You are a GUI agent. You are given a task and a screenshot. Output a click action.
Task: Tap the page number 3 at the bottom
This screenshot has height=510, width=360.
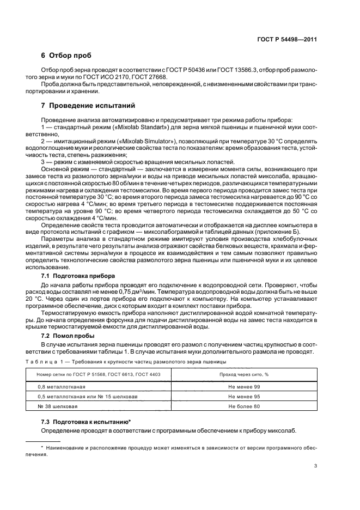tap(316, 466)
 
